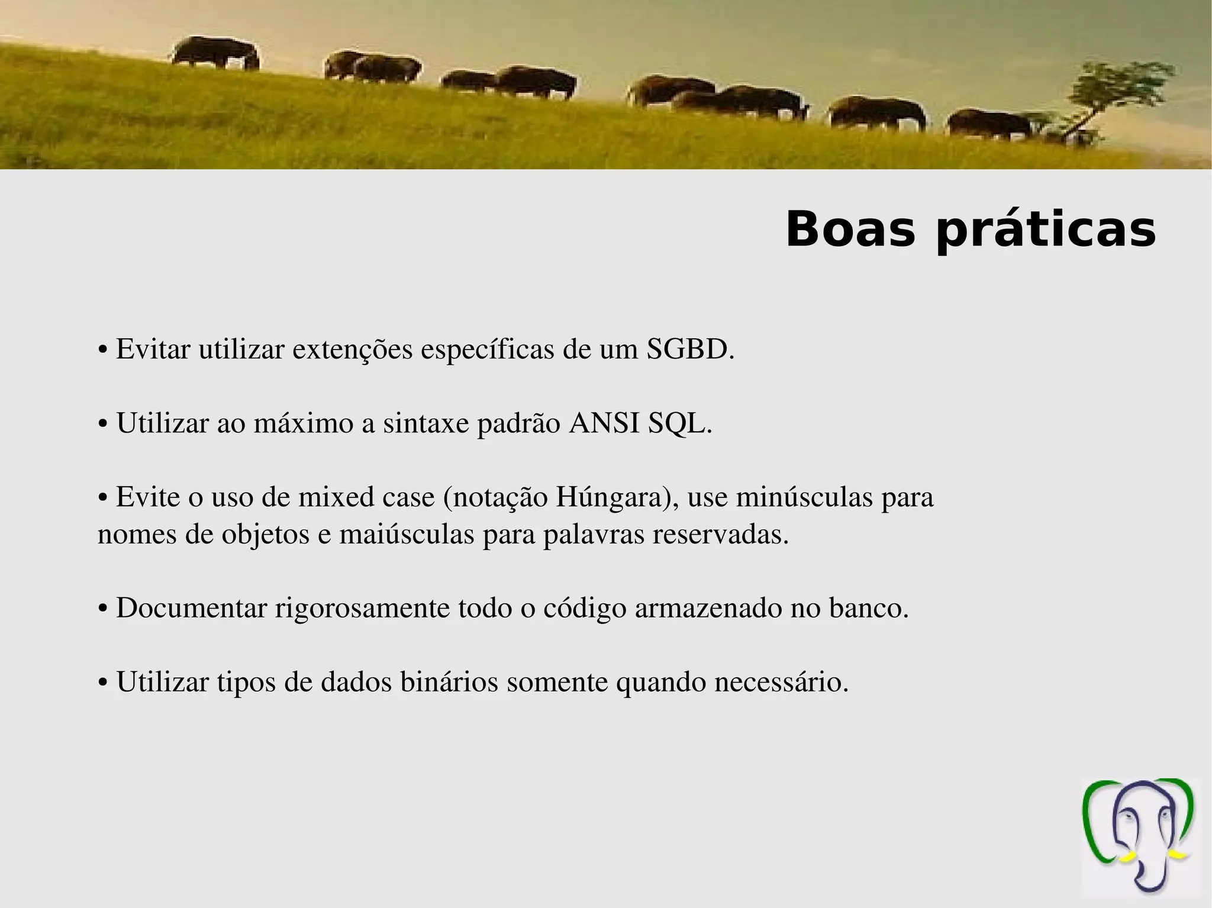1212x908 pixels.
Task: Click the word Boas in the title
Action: (850, 230)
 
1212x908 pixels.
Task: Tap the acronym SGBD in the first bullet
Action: (690, 350)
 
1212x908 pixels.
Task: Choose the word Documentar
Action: (192, 609)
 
